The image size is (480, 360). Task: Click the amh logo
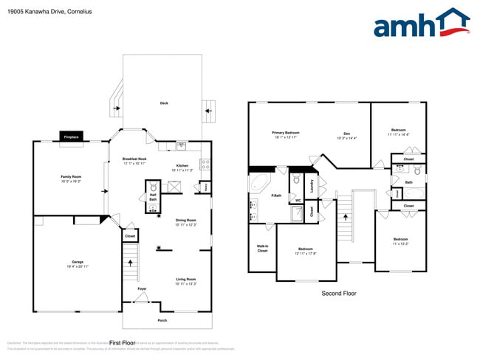[x=421, y=24]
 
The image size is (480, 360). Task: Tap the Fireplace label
[x=72, y=137]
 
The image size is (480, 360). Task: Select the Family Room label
[x=72, y=177]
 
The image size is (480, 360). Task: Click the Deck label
[x=164, y=103]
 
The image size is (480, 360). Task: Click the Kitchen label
[x=182, y=165]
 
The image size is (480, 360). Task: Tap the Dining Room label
[x=185, y=221]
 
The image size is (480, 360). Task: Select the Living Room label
[x=185, y=279]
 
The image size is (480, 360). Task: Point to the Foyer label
[x=141, y=288]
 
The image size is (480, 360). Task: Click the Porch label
[x=162, y=320]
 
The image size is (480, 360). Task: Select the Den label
[x=346, y=134]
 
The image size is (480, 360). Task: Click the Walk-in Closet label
[x=262, y=249]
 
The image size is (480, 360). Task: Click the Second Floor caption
[x=338, y=294]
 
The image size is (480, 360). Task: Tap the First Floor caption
[x=122, y=342]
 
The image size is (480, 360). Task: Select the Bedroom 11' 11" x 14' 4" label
[x=399, y=131]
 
